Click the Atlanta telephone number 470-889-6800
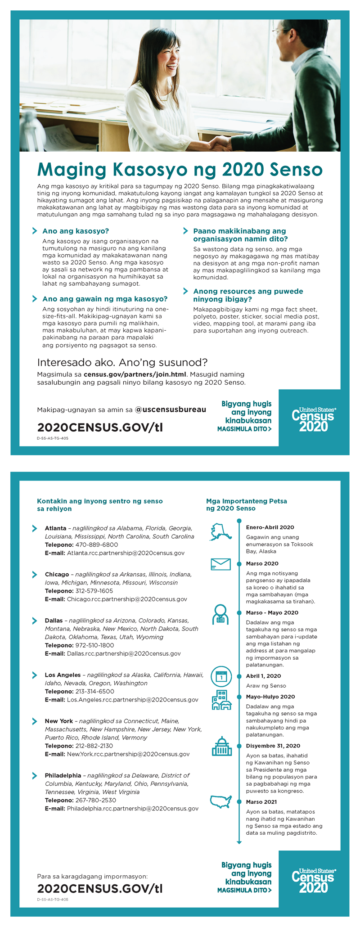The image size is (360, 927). pyautogui.click(x=97, y=544)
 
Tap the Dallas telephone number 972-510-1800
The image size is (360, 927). pyautogui.click(x=94, y=645)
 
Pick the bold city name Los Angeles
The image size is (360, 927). pyautogui.click(x=63, y=675)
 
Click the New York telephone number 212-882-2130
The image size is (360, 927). pyautogui.click(x=94, y=746)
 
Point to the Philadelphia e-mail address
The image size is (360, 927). pyautogui.click(x=133, y=808)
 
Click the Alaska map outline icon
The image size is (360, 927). pyautogui.click(x=220, y=531)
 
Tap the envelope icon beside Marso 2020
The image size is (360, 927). pyautogui.click(x=220, y=564)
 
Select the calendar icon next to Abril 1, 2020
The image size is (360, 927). pyautogui.click(x=221, y=676)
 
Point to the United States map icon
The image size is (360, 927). pyautogui.click(x=221, y=802)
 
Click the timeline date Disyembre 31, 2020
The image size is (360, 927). pyautogui.click(x=273, y=746)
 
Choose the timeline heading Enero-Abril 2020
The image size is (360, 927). pyautogui.click(x=270, y=527)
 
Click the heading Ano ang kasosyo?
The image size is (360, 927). pyautogui.click(x=76, y=231)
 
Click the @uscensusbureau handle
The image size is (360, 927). pyautogui.click(x=171, y=409)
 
